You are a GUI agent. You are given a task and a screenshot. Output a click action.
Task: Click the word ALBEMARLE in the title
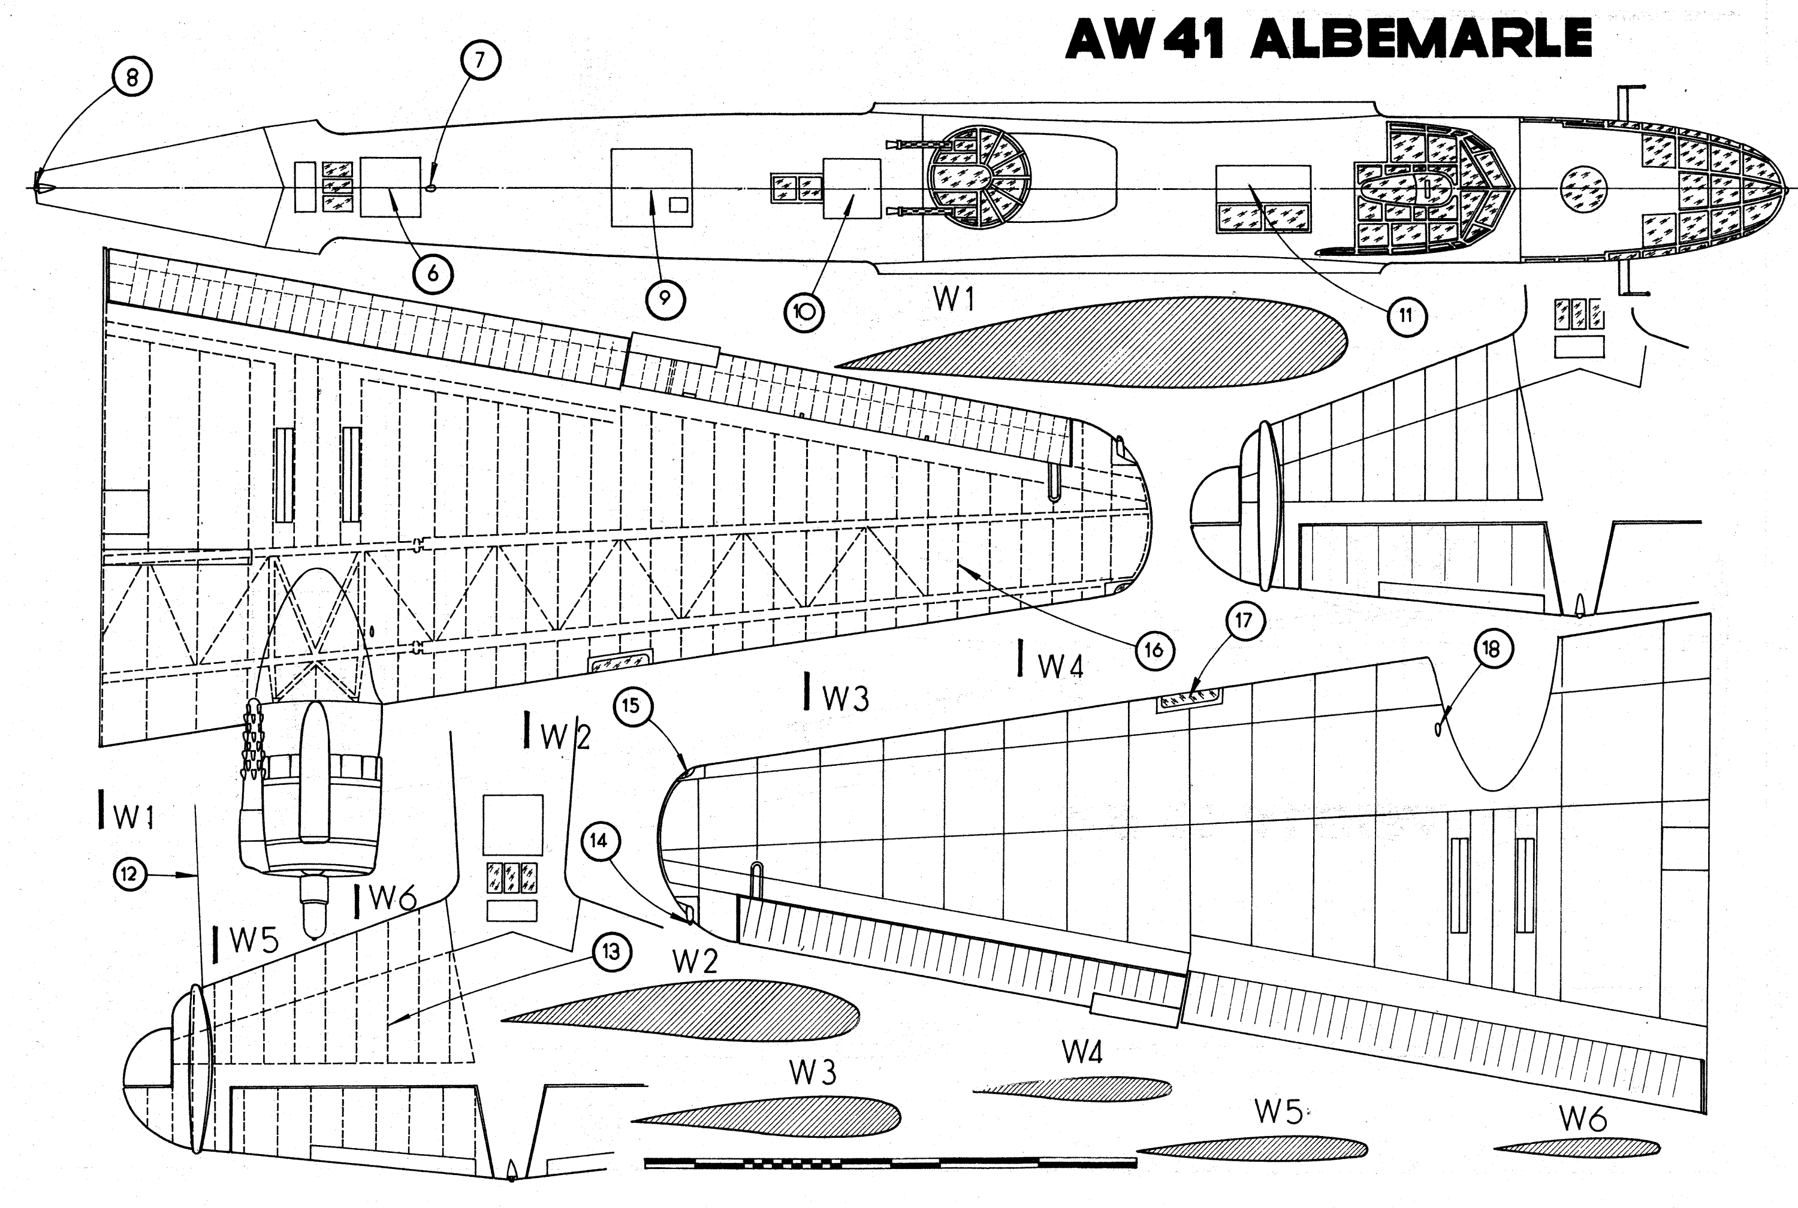(x=1420, y=38)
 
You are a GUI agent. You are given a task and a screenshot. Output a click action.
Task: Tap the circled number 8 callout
(x=132, y=77)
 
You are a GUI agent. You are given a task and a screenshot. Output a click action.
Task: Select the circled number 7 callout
(x=481, y=59)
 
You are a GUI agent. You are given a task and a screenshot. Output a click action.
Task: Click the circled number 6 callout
(x=433, y=273)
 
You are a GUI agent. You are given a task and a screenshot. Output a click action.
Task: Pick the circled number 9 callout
(x=665, y=298)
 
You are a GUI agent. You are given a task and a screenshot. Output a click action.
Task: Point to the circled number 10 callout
(x=804, y=312)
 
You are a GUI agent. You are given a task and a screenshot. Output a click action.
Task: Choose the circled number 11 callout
(x=1406, y=315)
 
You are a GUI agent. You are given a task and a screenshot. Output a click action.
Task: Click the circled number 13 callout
(x=611, y=952)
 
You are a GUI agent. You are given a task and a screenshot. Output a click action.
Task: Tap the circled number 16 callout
(x=1153, y=651)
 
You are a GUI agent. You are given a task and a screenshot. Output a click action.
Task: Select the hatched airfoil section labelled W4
(x=1075, y=1087)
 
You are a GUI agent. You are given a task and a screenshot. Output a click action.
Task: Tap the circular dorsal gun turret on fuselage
(x=978, y=178)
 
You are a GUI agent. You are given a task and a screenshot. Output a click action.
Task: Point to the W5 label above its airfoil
(x=1278, y=1111)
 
